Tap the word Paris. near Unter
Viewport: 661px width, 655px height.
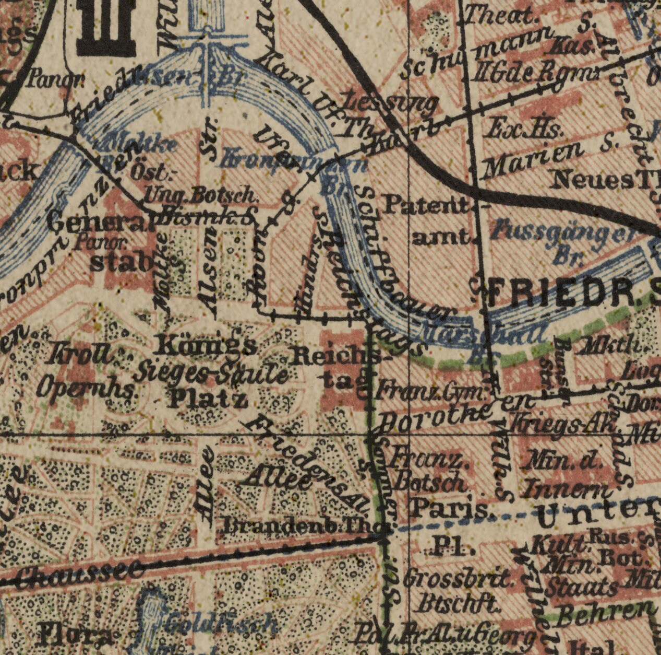tap(451, 508)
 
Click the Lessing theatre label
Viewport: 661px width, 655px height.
tap(391, 102)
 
